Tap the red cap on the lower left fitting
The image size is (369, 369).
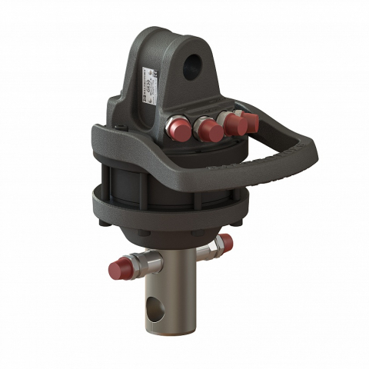point(118,270)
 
